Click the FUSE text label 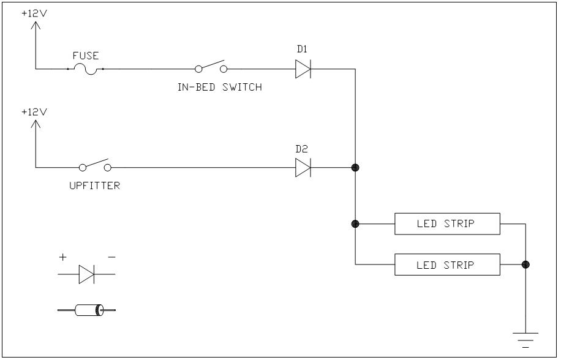click(86, 56)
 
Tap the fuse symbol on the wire click(86, 70)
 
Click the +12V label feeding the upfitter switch click(34, 113)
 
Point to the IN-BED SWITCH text click(219, 87)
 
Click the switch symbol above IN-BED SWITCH click(210, 68)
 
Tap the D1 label click(302, 49)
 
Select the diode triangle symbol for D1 click(303, 69)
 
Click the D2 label click(302, 149)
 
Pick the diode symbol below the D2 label click(303, 167)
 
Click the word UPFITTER click(94, 186)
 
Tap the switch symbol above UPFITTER click(94, 166)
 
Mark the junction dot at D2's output click(355, 167)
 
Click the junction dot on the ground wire click(525, 264)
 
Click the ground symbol click(525, 338)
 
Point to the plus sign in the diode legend click(62, 258)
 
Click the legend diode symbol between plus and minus click(86, 275)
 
